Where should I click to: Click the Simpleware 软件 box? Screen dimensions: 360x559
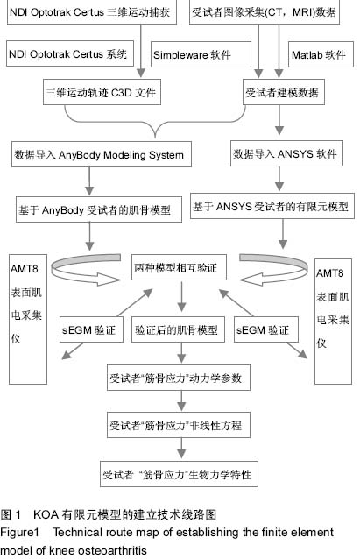(x=201, y=54)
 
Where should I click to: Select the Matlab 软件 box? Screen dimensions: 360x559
(x=321, y=54)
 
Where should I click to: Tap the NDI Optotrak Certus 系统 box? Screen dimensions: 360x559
(x=70, y=53)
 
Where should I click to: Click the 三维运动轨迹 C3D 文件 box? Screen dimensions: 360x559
(x=102, y=92)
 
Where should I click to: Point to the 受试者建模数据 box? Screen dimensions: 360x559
(x=284, y=92)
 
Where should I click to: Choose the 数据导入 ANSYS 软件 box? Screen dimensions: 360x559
(x=286, y=153)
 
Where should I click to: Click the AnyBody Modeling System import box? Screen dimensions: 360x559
(x=102, y=154)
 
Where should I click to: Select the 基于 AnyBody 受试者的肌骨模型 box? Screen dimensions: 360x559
(x=99, y=209)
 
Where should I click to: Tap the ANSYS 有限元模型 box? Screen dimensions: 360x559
(x=272, y=206)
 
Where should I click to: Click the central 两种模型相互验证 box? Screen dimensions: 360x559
(x=179, y=267)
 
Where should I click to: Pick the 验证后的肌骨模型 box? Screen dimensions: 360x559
(x=178, y=329)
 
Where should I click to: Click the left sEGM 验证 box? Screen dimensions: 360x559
(x=92, y=329)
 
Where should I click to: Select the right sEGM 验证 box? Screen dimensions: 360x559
(x=266, y=329)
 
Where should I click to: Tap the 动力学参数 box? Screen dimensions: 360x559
(x=179, y=377)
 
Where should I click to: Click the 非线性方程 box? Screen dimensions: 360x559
(x=179, y=425)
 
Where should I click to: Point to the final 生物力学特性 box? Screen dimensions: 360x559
(x=179, y=474)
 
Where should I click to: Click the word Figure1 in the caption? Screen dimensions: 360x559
(x=19, y=532)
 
